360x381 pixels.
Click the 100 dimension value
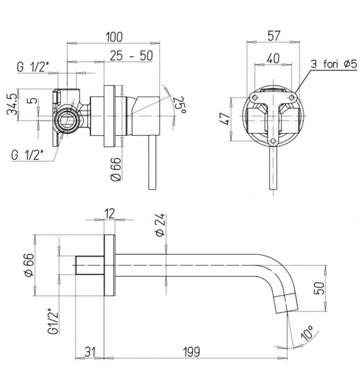click(114, 37)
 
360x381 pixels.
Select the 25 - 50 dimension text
click(131, 56)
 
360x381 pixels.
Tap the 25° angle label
click(180, 105)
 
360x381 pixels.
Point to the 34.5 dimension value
click(12, 105)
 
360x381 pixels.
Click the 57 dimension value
click(274, 36)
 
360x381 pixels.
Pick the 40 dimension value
click(273, 58)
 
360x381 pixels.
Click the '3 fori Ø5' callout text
click(334, 65)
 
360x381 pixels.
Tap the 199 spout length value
click(192, 352)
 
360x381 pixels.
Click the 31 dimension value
click(90, 352)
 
